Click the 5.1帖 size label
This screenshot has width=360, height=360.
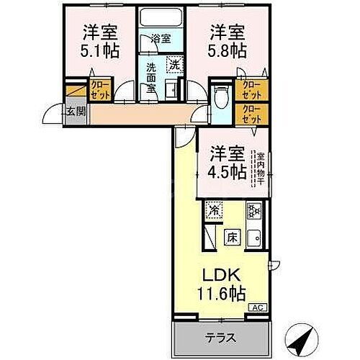coord(99,52)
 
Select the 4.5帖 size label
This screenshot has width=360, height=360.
coord(228,172)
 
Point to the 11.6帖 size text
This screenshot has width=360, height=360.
coord(222,293)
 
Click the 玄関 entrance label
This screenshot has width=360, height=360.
coord(74,111)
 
